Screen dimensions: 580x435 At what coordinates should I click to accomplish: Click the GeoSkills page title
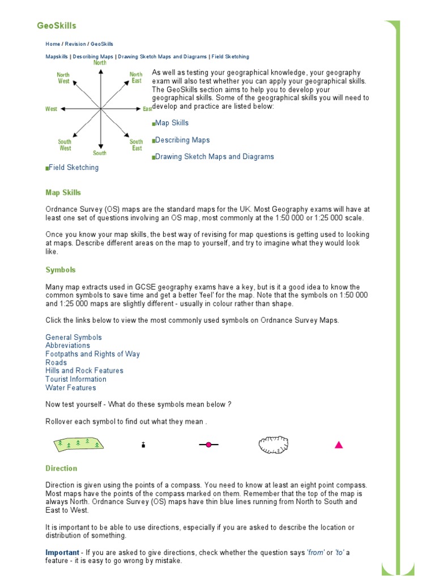coord(57,25)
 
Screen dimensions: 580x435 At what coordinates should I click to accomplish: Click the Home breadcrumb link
coord(53,44)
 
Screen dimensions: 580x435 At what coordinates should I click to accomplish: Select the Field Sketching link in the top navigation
coord(230,57)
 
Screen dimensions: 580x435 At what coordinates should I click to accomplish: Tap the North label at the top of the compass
coord(100,63)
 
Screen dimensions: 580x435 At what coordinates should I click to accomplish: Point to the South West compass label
coord(65,145)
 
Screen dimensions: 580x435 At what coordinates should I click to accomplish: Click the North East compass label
coord(136,78)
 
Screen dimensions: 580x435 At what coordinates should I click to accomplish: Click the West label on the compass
coord(51,109)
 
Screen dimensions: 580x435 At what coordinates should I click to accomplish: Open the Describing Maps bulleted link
coord(182,140)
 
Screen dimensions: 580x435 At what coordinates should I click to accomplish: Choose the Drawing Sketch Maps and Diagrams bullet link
coord(214,156)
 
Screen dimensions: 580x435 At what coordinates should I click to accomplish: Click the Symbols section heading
coord(61,270)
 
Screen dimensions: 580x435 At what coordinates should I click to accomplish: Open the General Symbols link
coord(74,337)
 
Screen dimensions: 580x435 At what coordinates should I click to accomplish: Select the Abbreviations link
coord(67,346)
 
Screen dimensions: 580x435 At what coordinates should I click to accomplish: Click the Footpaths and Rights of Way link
coord(92,354)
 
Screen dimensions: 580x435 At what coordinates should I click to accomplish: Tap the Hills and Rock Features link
coord(84,370)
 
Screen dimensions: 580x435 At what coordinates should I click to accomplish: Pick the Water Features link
coord(71,387)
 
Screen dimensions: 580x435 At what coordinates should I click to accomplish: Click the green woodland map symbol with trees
coord(80,444)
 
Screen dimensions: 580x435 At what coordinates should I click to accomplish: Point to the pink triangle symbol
coord(339,445)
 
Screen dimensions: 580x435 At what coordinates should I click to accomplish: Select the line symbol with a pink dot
coord(208,445)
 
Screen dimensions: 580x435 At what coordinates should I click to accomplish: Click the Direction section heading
coord(61,468)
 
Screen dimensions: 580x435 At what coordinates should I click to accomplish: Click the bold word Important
coord(62,552)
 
